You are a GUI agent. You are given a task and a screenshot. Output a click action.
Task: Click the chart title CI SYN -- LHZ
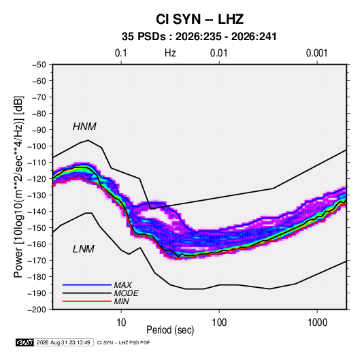pos(199,19)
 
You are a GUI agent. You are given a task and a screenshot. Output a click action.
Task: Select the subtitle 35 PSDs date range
pos(199,37)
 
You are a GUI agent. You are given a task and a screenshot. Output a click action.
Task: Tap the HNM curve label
pos(84,127)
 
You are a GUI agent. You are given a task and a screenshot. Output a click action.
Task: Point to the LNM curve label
pos(84,249)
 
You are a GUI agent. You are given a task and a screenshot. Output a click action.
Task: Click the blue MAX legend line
pos(87,284)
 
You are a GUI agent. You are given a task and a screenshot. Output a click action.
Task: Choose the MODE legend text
pos(127,293)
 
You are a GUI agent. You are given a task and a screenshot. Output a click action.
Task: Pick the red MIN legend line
pos(87,301)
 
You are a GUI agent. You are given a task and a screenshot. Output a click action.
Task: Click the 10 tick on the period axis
pos(121,323)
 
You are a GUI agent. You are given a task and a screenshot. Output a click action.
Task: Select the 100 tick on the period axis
pos(219,323)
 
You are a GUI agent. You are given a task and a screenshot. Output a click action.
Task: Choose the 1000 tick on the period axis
pos(317,323)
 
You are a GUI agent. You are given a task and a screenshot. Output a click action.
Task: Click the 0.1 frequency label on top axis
pos(121,53)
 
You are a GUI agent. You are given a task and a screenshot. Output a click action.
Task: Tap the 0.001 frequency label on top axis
pos(316,53)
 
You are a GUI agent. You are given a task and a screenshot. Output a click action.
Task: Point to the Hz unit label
pos(170,53)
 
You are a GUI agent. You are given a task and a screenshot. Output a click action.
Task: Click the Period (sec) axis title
pos(170,330)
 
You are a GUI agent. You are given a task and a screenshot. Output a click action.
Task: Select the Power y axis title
pos(18,186)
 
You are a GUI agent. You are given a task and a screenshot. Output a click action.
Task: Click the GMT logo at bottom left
pos(24,342)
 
